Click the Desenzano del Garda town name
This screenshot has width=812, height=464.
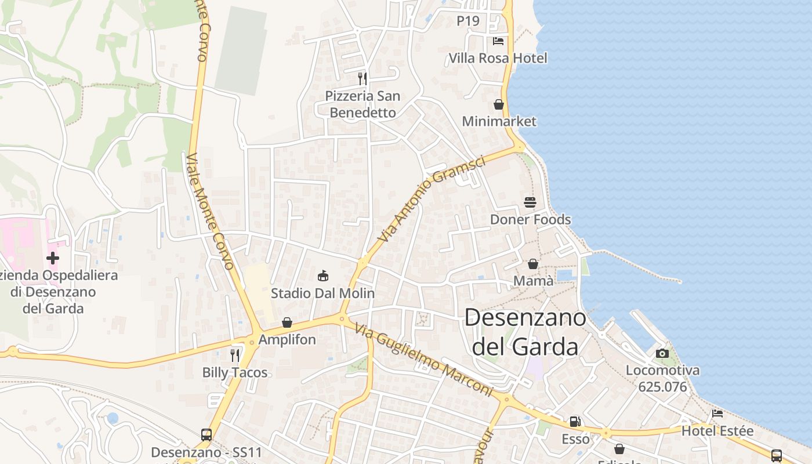[525, 332]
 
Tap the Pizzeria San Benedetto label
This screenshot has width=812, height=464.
[362, 104]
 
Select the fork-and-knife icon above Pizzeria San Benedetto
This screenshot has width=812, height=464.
[362, 78]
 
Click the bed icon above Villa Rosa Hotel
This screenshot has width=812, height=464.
[498, 41]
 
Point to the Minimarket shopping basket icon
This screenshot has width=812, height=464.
[499, 105]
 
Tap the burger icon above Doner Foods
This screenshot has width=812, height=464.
[530, 202]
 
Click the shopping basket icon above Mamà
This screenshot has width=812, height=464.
[533, 264]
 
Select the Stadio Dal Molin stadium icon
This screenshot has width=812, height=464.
[323, 276]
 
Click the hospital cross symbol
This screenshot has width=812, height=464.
[53, 258]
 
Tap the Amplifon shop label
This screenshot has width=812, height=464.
[287, 339]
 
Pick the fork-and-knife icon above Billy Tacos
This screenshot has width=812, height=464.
[235, 355]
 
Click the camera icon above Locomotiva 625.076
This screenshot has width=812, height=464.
[662, 353]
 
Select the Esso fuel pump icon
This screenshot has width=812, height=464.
[575, 422]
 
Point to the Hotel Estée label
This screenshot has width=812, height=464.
[717, 431]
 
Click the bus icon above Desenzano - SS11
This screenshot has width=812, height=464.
[206, 434]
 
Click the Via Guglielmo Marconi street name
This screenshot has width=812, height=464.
[423, 360]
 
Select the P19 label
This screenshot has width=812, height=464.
[468, 21]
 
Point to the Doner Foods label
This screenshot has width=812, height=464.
[530, 220]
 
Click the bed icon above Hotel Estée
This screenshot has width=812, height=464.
[717, 414]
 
